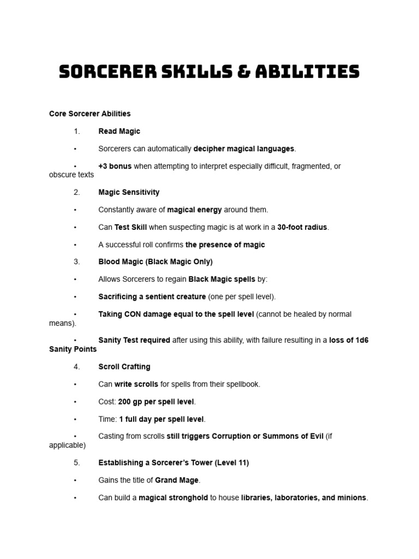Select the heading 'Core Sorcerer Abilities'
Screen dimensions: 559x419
(x=90, y=114)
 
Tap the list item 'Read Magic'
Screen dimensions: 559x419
(x=119, y=132)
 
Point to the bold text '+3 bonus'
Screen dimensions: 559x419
(x=115, y=166)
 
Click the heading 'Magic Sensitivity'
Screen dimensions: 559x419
(x=129, y=193)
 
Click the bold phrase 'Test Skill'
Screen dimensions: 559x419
(x=130, y=228)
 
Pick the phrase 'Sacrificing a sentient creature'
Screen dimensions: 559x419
(x=152, y=297)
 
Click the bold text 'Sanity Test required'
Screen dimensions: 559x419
(x=134, y=341)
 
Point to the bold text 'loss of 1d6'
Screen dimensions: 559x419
(x=349, y=341)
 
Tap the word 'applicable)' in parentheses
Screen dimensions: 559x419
(x=67, y=445)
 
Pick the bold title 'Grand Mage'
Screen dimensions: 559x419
(x=177, y=480)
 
